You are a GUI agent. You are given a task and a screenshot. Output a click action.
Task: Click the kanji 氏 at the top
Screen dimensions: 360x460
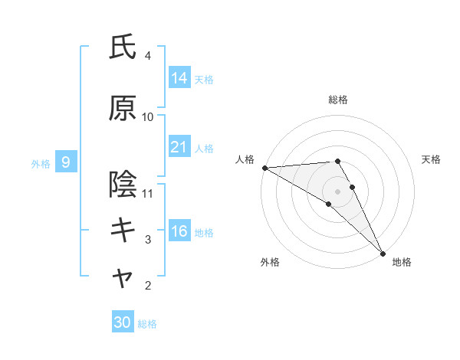click(x=123, y=47)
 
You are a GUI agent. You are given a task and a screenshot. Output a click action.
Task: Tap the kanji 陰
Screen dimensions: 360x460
click(x=123, y=185)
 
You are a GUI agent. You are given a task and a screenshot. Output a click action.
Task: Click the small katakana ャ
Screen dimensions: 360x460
click(x=123, y=280)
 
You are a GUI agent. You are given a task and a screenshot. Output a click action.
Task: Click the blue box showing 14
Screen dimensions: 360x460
click(x=179, y=78)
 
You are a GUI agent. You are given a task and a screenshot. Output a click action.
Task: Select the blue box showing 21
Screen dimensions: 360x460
click(x=179, y=148)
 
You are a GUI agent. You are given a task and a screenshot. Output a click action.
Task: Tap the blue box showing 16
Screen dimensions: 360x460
click(x=179, y=232)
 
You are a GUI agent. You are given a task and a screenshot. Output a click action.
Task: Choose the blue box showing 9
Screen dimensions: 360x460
click(x=66, y=162)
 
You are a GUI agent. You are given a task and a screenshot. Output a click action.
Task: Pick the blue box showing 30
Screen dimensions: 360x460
click(x=122, y=322)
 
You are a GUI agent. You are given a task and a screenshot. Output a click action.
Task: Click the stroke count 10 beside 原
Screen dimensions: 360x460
click(x=148, y=116)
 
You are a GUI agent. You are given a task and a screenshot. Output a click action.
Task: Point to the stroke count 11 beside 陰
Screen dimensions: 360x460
click(x=148, y=193)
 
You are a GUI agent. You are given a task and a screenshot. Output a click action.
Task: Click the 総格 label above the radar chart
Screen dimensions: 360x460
click(x=337, y=100)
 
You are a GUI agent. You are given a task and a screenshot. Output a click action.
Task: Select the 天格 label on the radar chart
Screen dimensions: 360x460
click(x=432, y=159)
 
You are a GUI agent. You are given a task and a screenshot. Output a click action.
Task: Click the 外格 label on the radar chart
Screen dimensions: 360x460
click(x=269, y=262)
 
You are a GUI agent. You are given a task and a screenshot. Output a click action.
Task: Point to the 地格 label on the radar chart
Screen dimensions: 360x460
click(x=402, y=262)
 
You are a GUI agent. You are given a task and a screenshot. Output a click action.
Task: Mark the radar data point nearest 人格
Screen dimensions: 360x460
click(x=264, y=168)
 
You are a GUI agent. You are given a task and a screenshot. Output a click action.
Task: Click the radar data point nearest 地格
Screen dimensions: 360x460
click(x=382, y=252)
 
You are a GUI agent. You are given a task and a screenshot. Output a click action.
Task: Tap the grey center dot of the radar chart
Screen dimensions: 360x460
click(x=337, y=191)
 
